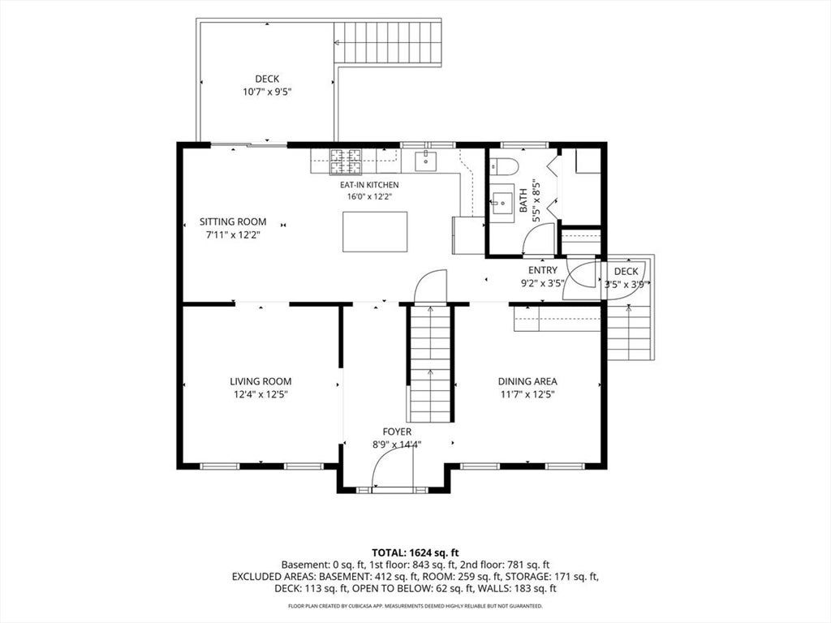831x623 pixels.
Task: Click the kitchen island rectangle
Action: [x=375, y=232]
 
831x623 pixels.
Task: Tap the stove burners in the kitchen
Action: [x=346, y=161]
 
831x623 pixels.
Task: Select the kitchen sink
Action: [x=425, y=161]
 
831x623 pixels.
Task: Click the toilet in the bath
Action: [x=504, y=167]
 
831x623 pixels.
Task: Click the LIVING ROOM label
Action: [x=260, y=381]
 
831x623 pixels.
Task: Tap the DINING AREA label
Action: [x=527, y=381]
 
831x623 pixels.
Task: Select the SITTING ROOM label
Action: [x=233, y=222]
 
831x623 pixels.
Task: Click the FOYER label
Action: [x=397, y=432]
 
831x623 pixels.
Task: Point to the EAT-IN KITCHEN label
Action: [x=369, y=185]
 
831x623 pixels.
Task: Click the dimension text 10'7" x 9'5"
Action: [x=267, y=92]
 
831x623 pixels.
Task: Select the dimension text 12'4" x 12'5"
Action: [x=260, y=395]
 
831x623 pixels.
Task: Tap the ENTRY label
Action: [x=543, y=271]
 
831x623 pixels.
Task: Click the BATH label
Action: [x=523, y=201]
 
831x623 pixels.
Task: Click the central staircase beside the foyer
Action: [x=430, y=364]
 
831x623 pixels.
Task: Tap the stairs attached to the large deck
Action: [x=387, y=44]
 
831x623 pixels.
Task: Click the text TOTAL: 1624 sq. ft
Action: [x=415, y=553]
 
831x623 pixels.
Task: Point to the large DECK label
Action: [x=267, y=79]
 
